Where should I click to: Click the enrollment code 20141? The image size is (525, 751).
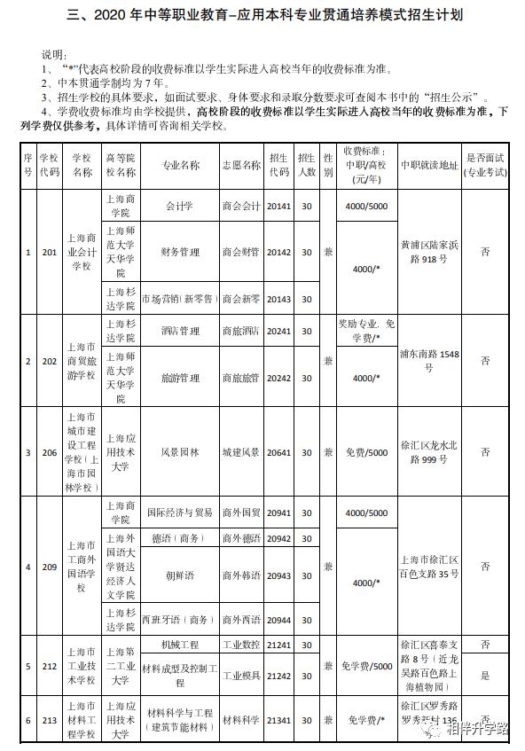(278, 206)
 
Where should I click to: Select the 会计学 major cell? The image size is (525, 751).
(180, 206)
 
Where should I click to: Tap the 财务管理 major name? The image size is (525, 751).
(180, 252)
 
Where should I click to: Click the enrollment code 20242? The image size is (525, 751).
(278, 378)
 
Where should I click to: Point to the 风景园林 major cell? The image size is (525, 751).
(180, 452)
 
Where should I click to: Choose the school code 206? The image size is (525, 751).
(50, 452)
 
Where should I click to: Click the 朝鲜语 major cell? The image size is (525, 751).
(180, 575)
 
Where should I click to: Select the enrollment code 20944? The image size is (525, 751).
(278, 618)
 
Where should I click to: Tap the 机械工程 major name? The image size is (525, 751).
(180, 643)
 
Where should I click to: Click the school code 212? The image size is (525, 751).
(50, 665)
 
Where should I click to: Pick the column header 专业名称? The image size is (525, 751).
(180, 165)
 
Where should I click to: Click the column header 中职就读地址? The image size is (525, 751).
(429, 165)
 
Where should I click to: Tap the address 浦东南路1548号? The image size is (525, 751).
(429, 361)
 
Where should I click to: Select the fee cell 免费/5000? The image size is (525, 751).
(366, 452)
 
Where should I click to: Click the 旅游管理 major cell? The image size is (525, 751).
(180, 378)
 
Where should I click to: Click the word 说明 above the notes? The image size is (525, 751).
(55, 55)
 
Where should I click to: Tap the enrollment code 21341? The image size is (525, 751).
(278, 721)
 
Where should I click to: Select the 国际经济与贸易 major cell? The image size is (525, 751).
(180, 512)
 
